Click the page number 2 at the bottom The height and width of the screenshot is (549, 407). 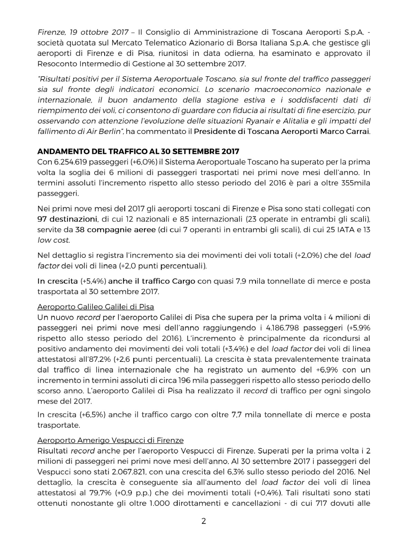coord(203,521)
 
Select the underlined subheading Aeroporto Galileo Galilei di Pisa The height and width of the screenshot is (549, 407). coord(96,307)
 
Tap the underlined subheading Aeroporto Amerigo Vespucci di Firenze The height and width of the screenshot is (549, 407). coord(110,440)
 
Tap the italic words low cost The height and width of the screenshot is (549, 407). coord(54,240)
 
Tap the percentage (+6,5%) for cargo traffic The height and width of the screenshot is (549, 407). coord(93,415)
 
